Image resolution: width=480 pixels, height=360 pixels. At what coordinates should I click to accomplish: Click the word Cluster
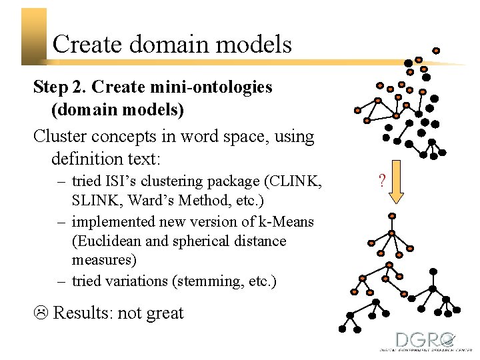click(61, 137)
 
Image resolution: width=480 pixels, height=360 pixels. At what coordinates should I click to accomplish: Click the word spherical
click(203, 241)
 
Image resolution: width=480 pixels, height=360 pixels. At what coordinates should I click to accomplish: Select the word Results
click(81, 313)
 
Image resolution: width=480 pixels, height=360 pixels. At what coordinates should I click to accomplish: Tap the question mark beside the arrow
click(381, 180)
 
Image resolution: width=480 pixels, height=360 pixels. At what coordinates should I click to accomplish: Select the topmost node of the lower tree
click(392, 216)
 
